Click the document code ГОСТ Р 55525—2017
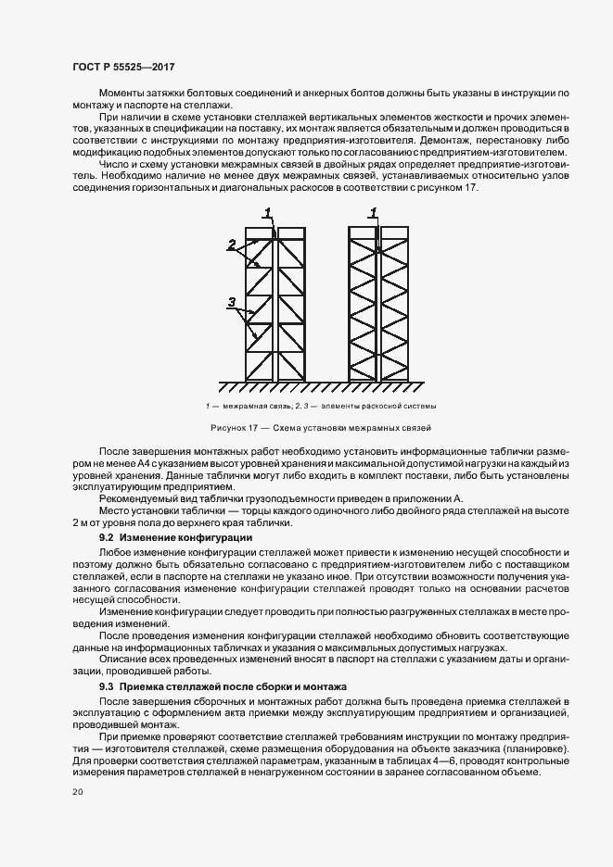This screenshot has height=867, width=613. point(122,67)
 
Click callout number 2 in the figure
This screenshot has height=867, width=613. point(232,245)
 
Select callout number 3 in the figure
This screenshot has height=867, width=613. point(232,300)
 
